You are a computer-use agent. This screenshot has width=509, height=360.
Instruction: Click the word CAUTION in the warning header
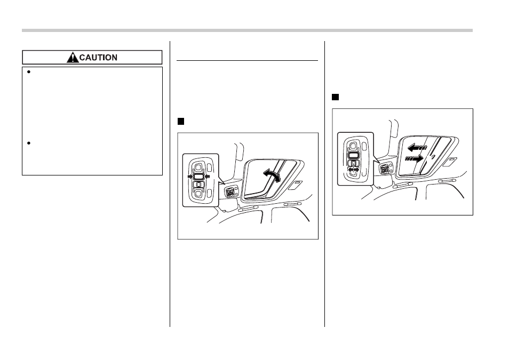[98, 58]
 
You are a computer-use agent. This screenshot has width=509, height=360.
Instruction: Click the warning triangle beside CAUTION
[73, 58]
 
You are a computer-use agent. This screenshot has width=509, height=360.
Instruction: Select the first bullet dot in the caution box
[29, 72]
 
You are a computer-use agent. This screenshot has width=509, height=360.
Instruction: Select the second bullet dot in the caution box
[29, 143]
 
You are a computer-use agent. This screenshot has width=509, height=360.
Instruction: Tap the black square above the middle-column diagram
[181, 122]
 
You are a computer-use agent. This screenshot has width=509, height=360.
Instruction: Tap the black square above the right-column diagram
[335, 97]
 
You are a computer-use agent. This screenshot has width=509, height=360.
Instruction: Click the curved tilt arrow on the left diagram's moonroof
[272, 174]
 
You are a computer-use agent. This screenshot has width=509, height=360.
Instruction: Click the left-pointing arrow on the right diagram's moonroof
[417, 148]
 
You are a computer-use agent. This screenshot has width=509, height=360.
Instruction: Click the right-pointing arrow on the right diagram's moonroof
[415, 159]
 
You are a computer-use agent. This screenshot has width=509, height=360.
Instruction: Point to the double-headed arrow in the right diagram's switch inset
[354, 170]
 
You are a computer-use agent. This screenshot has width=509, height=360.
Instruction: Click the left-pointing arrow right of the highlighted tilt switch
[208, 177]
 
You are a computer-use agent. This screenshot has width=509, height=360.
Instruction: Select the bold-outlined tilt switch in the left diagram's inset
[198, 177]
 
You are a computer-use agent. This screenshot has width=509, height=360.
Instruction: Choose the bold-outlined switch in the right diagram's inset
[354, 155]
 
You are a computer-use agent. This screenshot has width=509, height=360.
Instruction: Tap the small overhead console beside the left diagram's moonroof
[231, 193]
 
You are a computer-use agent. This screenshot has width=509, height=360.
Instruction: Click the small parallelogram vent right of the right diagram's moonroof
[450, 162]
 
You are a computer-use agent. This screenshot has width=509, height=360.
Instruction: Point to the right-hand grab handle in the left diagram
[292, 204]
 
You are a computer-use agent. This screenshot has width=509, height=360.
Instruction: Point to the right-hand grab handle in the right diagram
[447, 180]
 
